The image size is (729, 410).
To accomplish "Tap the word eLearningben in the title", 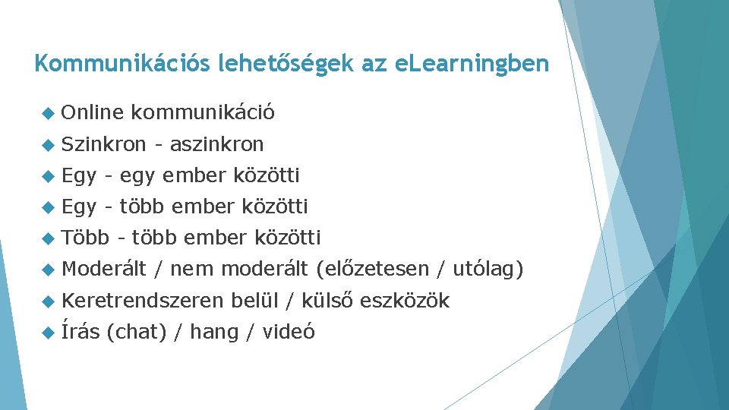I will click(472, 64).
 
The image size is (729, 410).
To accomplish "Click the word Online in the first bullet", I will click(92, 113).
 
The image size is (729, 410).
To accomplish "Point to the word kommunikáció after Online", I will click(203, 113).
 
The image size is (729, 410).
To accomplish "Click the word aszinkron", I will click(216, 144).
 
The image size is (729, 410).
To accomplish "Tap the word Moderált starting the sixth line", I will click(103, 269).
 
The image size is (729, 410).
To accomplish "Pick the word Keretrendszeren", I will click(142, 301).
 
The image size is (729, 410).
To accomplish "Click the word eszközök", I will click(405, 301).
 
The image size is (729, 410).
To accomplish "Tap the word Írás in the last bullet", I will click(80, 331).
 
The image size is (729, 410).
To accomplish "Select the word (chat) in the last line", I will click(136, 332).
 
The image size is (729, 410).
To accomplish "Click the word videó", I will click(288, 332).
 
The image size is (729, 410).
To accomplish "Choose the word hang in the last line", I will click(213, 333).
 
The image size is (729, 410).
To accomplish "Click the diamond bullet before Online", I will click(49, 113).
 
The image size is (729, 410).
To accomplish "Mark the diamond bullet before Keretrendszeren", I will click(49, 301).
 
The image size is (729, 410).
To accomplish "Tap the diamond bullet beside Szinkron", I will click(49, 144).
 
